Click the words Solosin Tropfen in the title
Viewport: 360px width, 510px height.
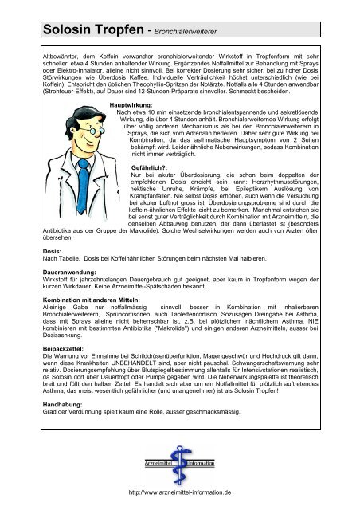(80, 32)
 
